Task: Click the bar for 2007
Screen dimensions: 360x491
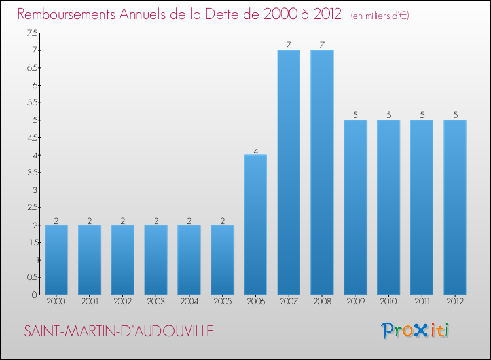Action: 289,172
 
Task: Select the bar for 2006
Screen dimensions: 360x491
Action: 255,225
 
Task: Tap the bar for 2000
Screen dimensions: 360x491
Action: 56,259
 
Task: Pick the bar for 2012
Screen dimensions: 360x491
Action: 455,207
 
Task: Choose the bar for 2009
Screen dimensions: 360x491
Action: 355,207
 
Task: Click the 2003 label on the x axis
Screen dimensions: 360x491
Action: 156,303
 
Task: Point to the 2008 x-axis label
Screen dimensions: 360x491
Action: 322,303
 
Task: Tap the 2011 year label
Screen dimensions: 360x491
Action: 422,303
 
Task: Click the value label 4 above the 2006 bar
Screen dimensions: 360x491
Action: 256,151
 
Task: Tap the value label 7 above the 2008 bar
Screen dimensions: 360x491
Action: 322,45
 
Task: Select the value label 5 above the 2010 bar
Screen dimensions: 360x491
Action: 388,115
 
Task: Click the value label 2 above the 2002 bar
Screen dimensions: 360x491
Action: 122,221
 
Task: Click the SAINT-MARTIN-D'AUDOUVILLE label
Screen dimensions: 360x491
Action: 118,331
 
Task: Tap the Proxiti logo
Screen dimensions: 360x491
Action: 415,331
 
